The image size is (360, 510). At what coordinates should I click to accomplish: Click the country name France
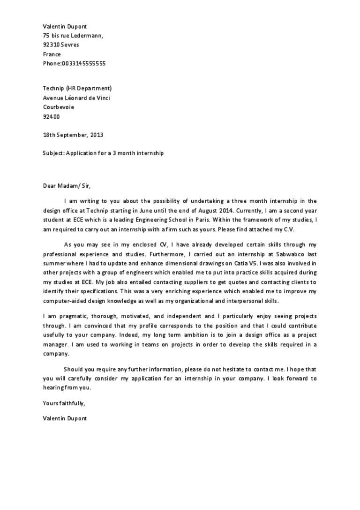(52, 54)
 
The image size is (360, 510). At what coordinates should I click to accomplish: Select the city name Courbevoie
(58, 107)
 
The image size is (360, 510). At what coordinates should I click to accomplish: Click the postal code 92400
(51, 116)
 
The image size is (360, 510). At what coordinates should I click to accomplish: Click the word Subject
(53, 153)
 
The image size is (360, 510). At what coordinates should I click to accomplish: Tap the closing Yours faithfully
(64, 403)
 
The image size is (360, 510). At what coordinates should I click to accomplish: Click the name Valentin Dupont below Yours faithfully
(65, 418)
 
